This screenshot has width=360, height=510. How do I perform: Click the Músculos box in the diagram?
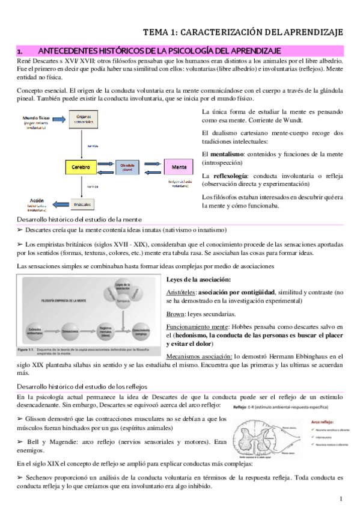(x=82, y=204)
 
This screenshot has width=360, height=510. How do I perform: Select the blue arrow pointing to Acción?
(x=55, y=204)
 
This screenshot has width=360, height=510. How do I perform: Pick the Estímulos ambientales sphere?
(x=35, y=331)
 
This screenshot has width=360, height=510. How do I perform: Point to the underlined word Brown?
(x=176, y=313)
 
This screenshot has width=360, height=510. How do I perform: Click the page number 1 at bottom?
(x=340, y=499)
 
